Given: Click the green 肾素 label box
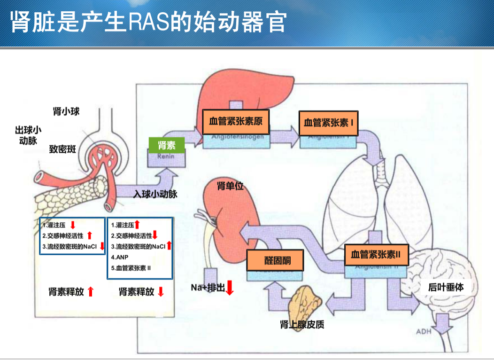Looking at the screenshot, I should pos(167,144).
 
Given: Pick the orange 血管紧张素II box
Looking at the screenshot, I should pos(375,255).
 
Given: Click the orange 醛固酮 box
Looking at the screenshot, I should pos(275,260).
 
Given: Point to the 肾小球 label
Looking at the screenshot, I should pos(66,111).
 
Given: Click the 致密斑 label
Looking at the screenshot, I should pos(62,149).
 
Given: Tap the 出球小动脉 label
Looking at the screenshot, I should pos(28,135).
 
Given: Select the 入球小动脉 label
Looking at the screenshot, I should pos(155,194).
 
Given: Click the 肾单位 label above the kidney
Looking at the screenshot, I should pos(230,186).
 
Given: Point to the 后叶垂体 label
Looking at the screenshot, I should pos(446,287).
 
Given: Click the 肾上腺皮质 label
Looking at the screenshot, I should pos(301,325).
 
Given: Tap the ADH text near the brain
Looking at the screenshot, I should pos(424,332).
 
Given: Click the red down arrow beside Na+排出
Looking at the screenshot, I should pos(230,287).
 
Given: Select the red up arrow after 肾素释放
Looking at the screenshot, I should pos(91,291).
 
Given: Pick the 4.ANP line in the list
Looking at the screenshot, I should pos(120,257).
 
